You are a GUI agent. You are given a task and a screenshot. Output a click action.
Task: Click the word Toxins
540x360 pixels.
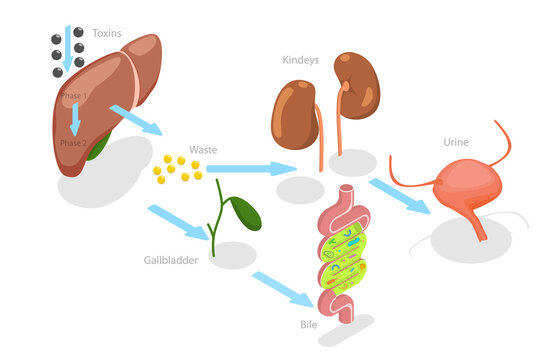(106, 33)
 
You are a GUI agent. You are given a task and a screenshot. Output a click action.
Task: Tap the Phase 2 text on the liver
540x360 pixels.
(72, 143)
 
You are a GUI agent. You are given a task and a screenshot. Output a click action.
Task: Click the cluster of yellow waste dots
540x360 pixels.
(173, 169)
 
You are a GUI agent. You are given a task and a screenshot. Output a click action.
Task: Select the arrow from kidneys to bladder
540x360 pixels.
(400, 196)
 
